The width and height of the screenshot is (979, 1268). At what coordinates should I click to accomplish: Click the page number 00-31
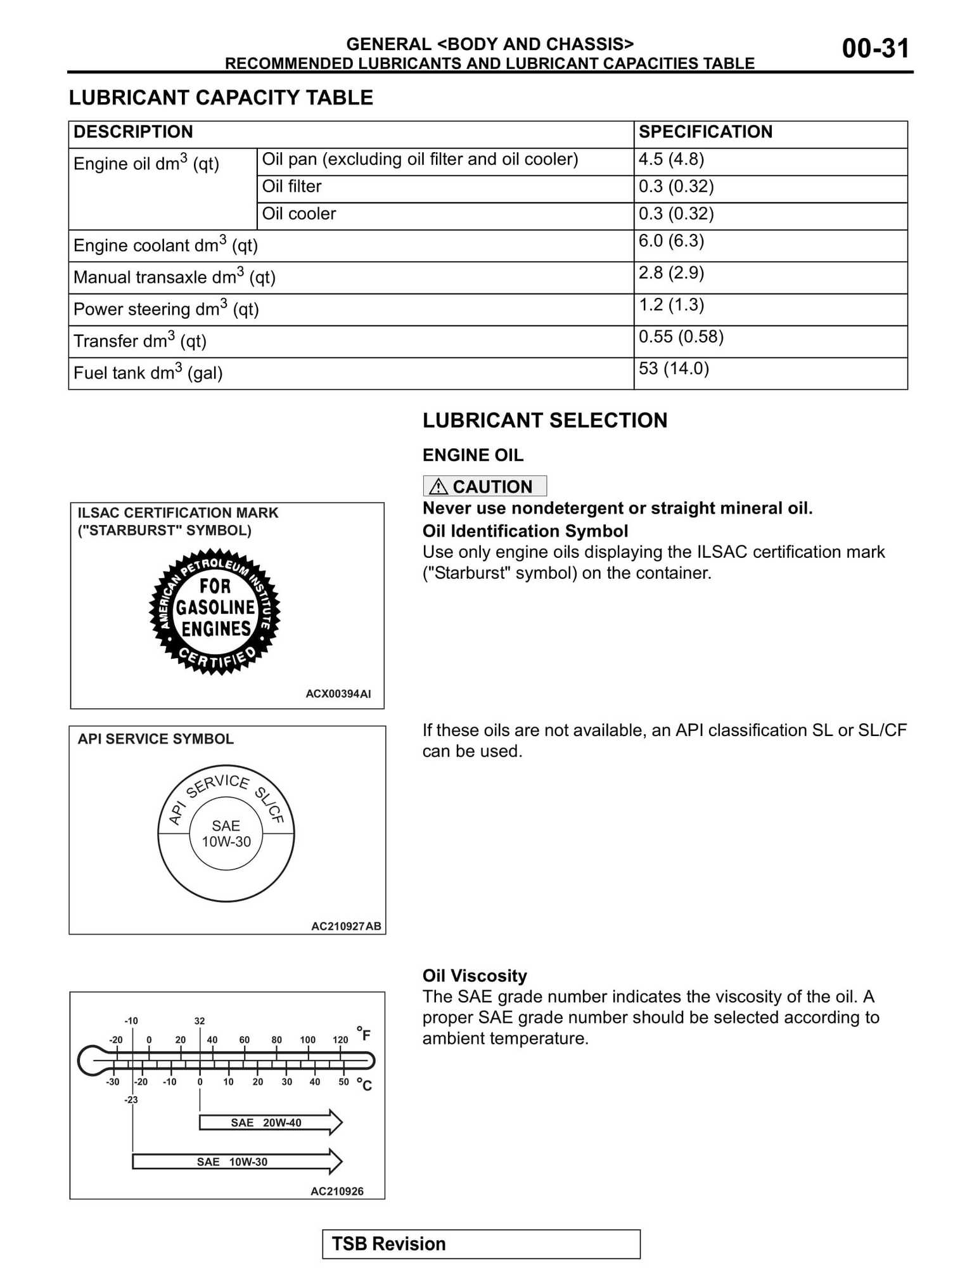coord(875,49)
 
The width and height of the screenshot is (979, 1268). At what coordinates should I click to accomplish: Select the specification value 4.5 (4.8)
coord(671,159)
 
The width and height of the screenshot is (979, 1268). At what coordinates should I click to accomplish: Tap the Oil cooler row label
coord(299,214)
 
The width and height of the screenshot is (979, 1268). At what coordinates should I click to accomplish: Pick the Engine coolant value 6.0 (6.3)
coord(671,241)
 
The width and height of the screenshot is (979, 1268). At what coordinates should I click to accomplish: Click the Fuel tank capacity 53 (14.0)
coord(674,368)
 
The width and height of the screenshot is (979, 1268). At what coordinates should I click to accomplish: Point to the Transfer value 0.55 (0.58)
coord(681,337)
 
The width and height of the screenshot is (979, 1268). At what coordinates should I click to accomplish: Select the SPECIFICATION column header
coord(705,132)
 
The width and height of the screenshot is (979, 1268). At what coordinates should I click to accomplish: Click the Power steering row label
coord(166,309)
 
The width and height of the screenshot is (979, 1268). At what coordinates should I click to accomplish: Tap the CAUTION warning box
coord(484,486)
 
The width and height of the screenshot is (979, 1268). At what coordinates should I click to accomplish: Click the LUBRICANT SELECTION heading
coord(545,420)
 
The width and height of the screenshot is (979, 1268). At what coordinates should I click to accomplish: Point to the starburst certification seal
coord(215,611)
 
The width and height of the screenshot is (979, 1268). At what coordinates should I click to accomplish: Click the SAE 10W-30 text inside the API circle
coord(226,834)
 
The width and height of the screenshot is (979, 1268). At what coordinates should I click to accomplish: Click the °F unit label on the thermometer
coord(364,1034)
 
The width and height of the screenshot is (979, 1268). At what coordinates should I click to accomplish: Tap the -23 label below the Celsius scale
coord(131,1100)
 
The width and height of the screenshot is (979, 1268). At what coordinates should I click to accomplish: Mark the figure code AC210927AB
coord(346,926)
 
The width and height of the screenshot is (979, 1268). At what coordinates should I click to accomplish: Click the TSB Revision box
coord(481,1244)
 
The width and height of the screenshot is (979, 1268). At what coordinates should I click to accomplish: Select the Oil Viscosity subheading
coord(475,976)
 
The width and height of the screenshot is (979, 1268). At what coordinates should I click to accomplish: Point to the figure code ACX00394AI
coord(338,694)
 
